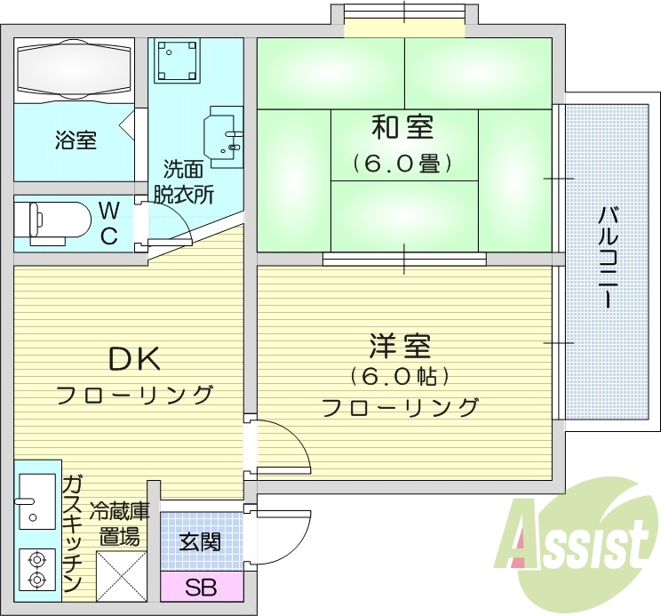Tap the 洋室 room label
[x=401, y=345]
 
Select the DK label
[x=133, y=359]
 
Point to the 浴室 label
[x=76, y=140]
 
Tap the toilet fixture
[x=59, y=221]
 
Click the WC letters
[x=108, y=223]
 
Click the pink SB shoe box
[x=200, y=587]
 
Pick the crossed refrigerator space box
[x=121, y=575]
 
